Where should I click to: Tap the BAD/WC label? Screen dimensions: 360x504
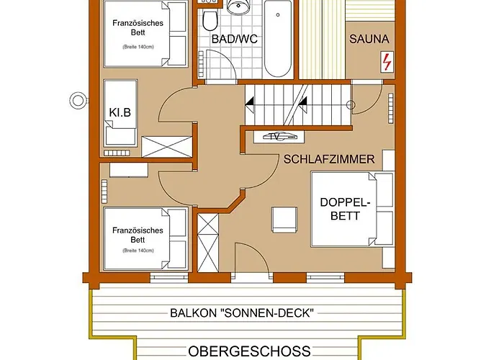[x=233, y=39]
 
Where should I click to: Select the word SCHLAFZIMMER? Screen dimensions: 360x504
[x=329, y=158]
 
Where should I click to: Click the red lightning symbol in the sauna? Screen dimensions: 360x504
[x=387, y=63]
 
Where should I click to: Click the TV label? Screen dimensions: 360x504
[x=274, y=135]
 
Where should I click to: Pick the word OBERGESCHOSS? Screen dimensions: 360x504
[x=250, y=351]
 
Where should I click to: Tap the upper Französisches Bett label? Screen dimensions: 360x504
[x=138, y=28]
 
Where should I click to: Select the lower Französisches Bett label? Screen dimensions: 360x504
[x=138, y=235]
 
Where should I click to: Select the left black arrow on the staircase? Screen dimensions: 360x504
[x=250, y=104]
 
